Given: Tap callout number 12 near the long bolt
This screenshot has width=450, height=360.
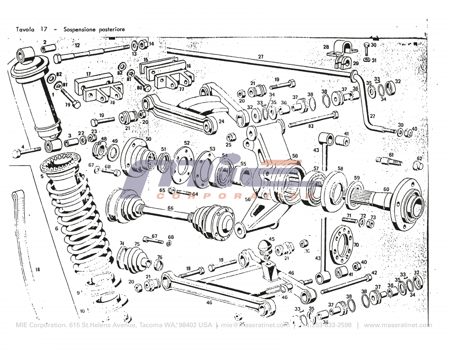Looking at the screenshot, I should coord(77,45).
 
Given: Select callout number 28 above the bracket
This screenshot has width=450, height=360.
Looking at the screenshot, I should coord(326,47).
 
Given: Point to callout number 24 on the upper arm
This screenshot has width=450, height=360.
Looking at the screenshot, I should coord(221,121).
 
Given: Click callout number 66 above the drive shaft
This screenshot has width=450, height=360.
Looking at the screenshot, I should coord(170,208).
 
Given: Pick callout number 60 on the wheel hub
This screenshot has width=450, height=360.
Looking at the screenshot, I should coord(386,189).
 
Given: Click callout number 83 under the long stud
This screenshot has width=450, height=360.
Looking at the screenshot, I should coord(310,126).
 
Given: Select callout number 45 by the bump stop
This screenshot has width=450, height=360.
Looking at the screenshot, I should coord(271,239).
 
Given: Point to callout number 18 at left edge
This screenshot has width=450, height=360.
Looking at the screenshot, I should coord(37,270).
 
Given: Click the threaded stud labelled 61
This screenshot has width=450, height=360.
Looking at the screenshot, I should coord(386,161).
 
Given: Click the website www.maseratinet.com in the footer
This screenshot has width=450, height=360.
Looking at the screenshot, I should coord(397,325).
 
